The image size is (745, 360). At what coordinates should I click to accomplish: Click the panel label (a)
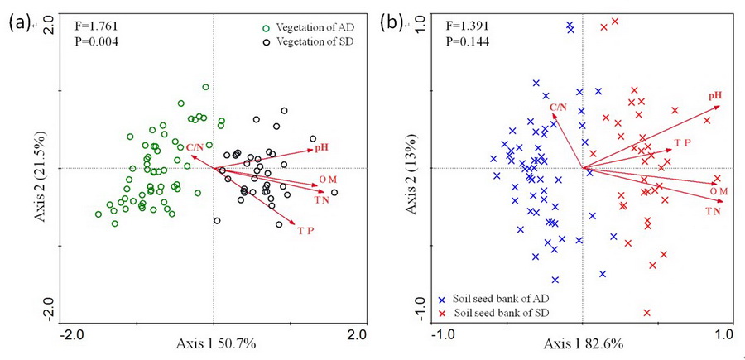[x=19, y=24]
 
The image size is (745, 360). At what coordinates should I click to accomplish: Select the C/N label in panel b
[x=559, y=107]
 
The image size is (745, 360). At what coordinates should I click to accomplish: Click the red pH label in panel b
[x=714, y=96]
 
